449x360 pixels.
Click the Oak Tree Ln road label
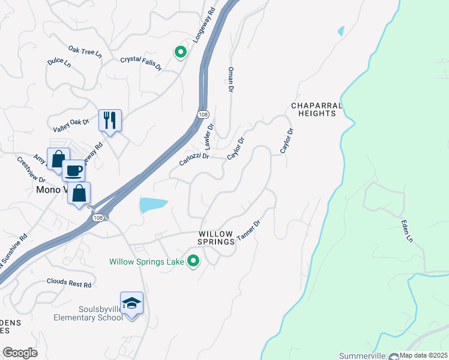point(85,52)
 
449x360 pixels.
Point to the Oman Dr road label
point(230,79)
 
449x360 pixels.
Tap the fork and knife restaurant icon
point(110,120)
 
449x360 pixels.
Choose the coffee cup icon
point(73,170)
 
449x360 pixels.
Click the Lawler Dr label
point(209,137)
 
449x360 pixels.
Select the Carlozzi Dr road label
point(193,159)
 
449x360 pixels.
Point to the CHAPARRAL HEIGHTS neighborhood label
point(316,109)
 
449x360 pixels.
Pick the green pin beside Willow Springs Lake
point(193,261)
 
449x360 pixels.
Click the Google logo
point(20,352)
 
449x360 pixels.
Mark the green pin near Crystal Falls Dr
point(180,52)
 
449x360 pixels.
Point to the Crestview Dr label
point(31,170)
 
